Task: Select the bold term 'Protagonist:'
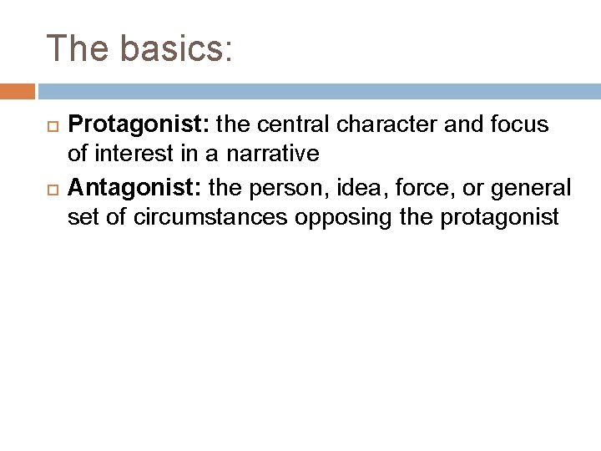point(139,124)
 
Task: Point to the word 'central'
point(289,124)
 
